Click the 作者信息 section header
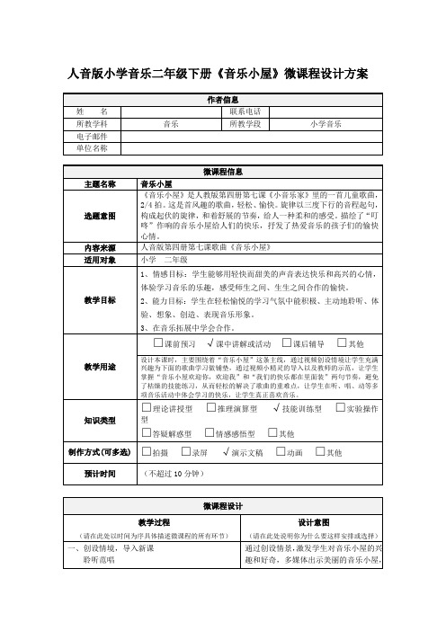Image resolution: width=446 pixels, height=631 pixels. click(x=223, y=99)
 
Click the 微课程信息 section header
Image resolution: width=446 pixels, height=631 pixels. click(x=223, y=171)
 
